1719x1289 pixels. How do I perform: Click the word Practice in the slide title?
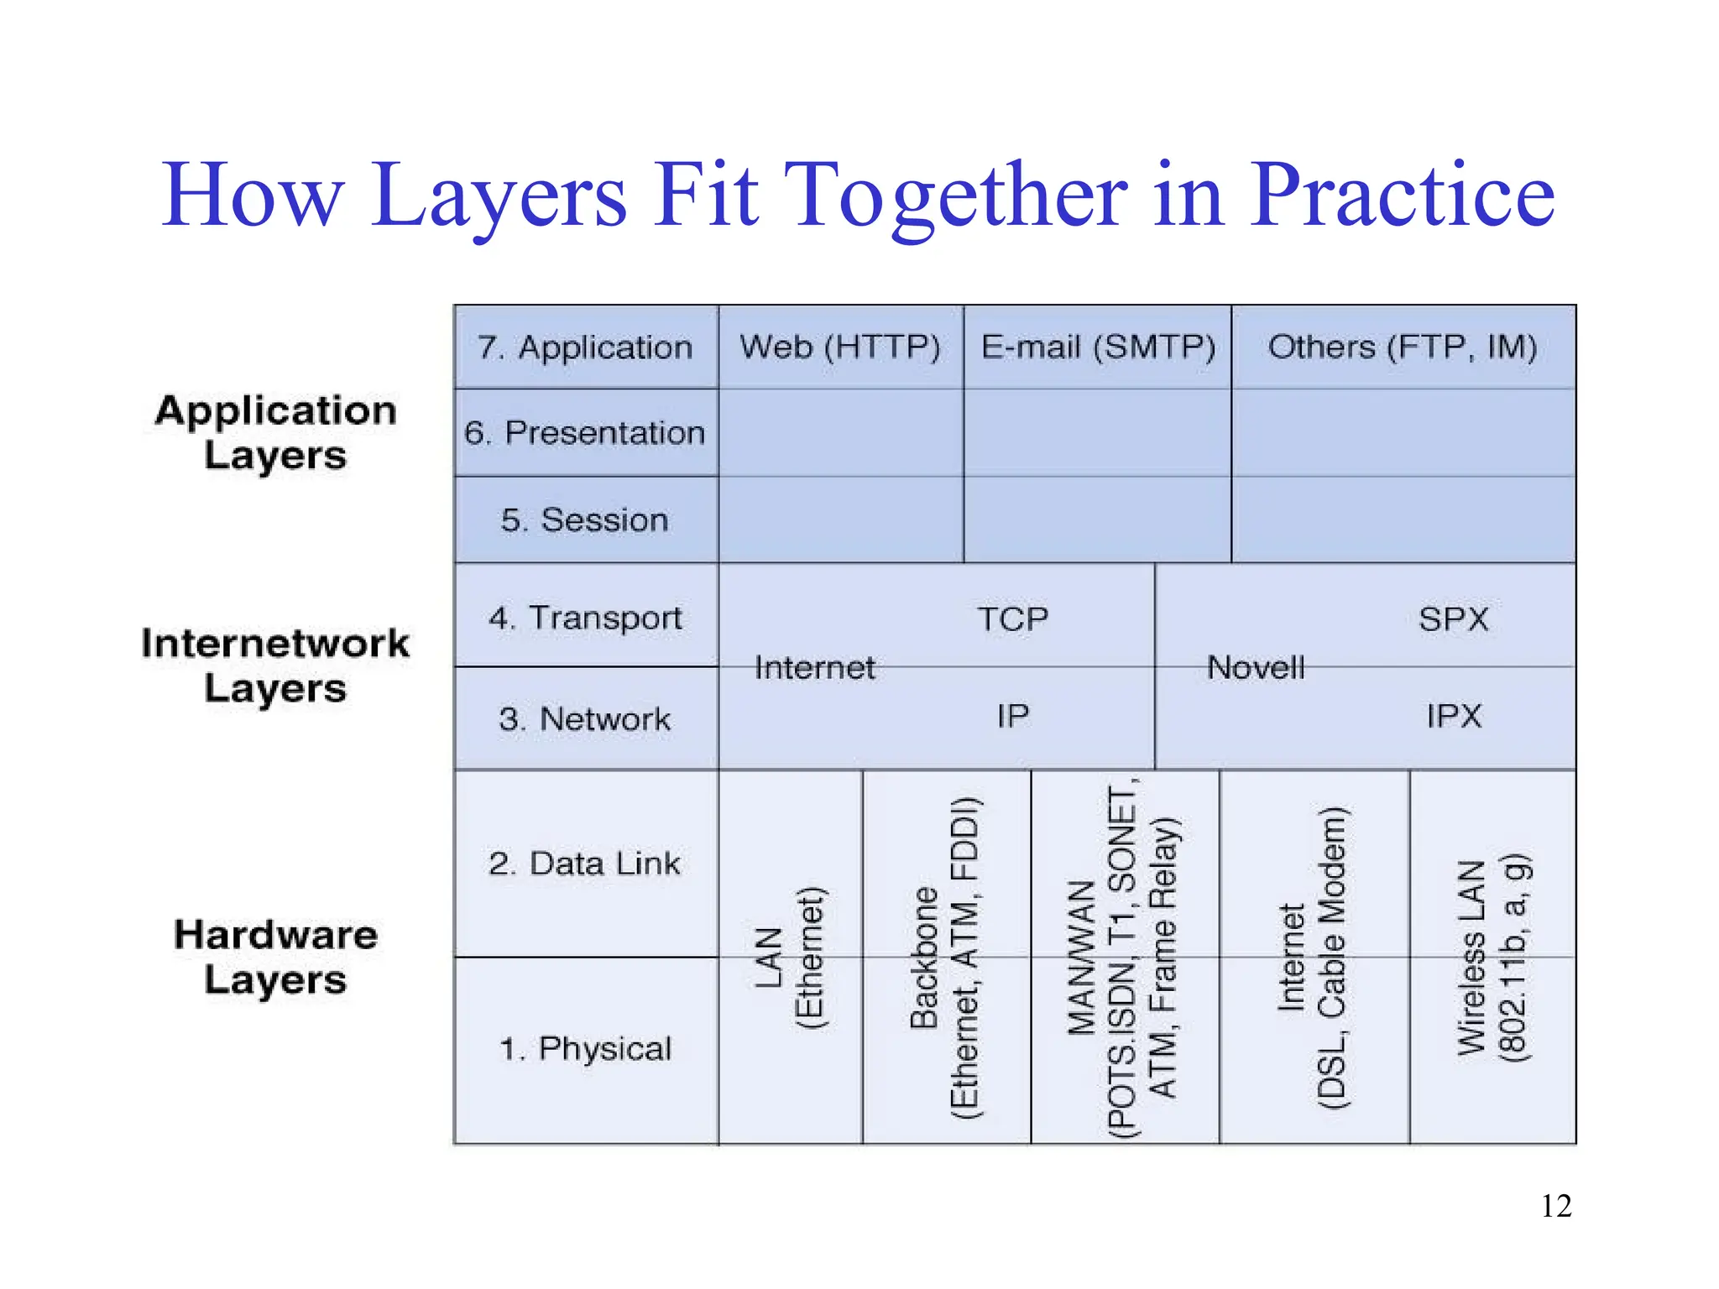1402,195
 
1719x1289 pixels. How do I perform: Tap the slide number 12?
1555,1206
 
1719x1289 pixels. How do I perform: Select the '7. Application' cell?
585,347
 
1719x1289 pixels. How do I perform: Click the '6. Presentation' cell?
585,433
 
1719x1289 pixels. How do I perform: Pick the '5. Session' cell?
585,520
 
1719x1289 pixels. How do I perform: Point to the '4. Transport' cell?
585,618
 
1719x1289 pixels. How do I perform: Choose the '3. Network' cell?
585,719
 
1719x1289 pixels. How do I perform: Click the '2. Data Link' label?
585,864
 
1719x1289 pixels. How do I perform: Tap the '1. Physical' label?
585,1049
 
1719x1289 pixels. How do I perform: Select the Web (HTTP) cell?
840,347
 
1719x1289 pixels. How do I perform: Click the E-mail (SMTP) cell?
1098,347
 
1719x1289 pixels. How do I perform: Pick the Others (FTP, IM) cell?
1403,347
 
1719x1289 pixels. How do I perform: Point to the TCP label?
1013,619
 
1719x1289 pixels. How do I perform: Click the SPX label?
1454,619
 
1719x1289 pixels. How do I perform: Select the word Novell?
1256,668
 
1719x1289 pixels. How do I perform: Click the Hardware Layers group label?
275,958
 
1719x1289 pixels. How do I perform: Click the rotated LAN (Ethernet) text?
790,958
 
